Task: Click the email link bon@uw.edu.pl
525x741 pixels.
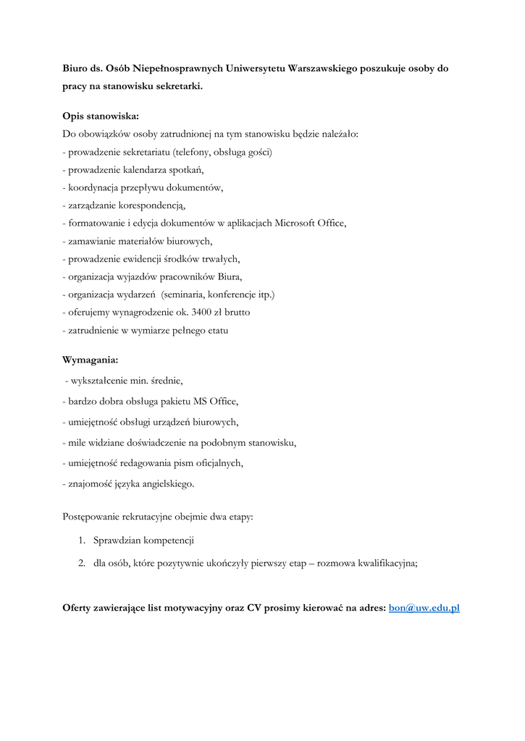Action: point(424,608)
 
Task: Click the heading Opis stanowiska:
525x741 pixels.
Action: point(101,116)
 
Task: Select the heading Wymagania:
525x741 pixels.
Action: point(91,360)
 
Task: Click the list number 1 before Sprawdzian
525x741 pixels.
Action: point(82,541)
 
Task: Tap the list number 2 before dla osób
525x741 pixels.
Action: point(82,563)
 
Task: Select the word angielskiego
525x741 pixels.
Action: point(161,483)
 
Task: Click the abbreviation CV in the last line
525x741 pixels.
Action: point(253,608)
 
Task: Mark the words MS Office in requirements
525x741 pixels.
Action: point(214,401)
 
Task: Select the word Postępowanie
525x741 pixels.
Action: point(93,517)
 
